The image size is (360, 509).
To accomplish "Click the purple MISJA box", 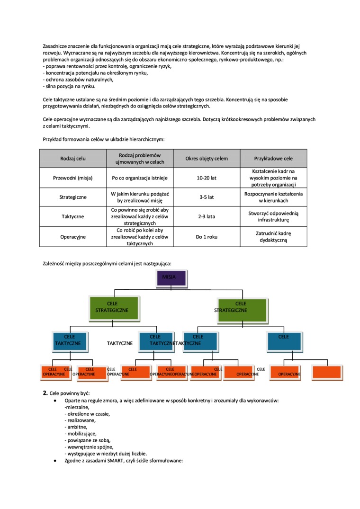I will pos(172,278).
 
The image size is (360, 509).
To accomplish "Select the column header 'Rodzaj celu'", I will pos(73,159).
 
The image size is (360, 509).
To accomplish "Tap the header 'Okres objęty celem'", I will pos(207,159).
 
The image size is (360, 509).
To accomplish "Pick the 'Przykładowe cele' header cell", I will pos(273,159).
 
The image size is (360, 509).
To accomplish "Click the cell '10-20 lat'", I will pos(207,178).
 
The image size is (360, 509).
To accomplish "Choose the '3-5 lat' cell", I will pos(207,197).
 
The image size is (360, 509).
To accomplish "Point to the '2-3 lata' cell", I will pos(207,216).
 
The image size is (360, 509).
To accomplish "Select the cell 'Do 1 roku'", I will pos(207,236).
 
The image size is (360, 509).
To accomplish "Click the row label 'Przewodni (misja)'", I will pos(73,178).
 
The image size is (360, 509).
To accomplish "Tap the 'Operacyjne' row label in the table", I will pos(73,236).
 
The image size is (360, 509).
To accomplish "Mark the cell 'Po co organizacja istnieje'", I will pos(140,178).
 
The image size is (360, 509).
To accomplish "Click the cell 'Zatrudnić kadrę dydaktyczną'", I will pos(273,236).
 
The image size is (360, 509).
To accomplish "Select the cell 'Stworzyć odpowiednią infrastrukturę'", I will pos(273,216).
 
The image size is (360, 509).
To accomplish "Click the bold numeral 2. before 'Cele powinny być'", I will pos(45,393).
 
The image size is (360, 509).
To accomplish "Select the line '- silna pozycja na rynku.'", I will pos(69,86).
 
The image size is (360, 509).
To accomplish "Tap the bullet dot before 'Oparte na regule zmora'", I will pos(56,401).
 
